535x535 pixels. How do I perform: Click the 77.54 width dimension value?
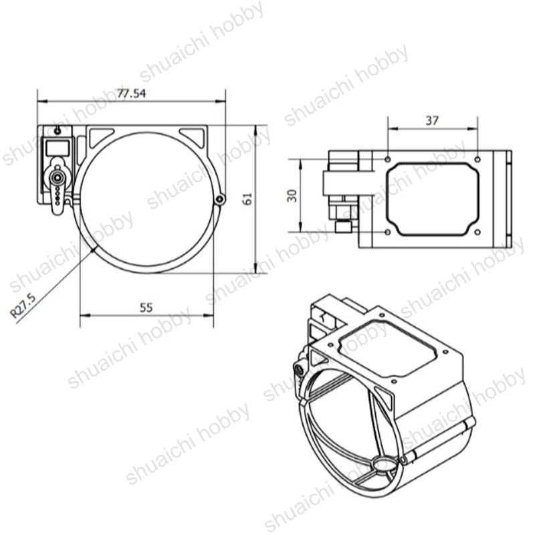click(131, 94)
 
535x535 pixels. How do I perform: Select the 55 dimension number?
click(146, 308)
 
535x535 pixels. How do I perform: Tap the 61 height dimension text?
click(247, 199)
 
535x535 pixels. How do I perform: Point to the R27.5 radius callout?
click(23, 306)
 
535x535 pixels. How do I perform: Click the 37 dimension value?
click(432, 120)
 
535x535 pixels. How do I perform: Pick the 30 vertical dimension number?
click(292, 196)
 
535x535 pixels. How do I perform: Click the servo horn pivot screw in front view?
click(57, 177)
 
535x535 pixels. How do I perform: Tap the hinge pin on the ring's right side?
click(221, 199)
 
